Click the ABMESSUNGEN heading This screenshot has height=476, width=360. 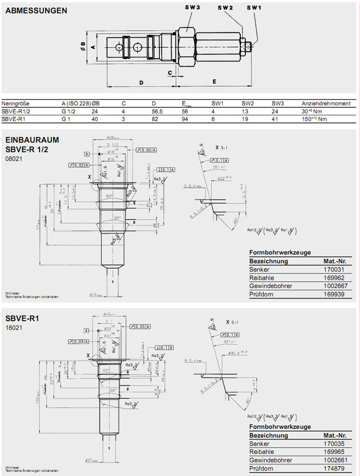(35, 10)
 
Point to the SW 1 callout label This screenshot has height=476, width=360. (254, 7)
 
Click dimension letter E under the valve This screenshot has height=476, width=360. (214, 81)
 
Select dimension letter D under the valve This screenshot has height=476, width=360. (140, 82)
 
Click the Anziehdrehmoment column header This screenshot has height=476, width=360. (326, 103)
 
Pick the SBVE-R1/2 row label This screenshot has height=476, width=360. (16, 111)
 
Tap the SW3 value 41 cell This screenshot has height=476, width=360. (275, 119)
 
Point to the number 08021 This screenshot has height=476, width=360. (13, 159)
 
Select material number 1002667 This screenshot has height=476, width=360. (331, 286)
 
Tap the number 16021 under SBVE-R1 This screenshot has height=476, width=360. (13, 327)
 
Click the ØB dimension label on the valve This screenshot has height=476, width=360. (82, 45)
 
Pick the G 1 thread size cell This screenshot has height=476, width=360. (66, 119)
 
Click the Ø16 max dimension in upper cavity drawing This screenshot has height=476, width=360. (97, 295)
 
